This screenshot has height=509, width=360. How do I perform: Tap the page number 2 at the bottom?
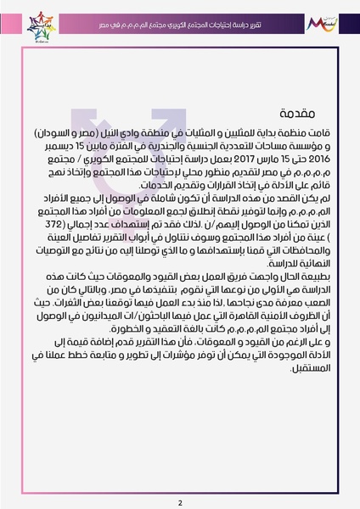(x=180, y=479)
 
